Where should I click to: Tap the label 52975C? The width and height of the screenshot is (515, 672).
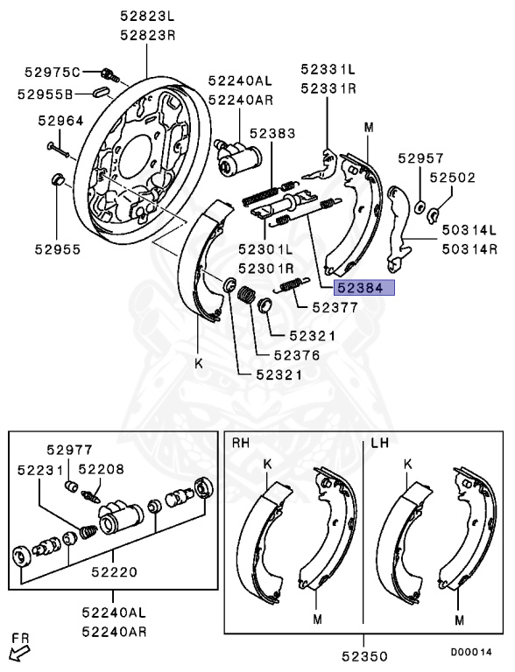[53, 72]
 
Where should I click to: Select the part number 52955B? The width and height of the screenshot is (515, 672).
[45, 94]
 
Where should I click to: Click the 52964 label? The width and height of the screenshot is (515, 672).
[60, 121]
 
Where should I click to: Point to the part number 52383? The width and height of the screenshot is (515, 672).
[272, 133]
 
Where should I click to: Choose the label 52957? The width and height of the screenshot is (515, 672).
[420, 158]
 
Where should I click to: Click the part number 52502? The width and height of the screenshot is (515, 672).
[453, 178]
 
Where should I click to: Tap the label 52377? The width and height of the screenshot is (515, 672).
[335, 307]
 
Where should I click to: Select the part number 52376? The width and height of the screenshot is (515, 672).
[297, 355]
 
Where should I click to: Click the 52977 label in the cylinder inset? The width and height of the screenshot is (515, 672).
[69, 450]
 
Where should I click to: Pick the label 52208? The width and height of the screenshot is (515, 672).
[102, 469]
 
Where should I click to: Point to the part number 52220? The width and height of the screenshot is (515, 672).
[114, 571]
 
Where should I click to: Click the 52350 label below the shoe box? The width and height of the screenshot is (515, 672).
[364, 656]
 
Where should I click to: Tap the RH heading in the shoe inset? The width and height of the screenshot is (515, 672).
[241, 443]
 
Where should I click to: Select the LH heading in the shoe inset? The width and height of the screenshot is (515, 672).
[380, 443]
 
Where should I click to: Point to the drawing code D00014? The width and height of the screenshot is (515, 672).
[471, 652]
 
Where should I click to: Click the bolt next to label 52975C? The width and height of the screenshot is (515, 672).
[109, 74]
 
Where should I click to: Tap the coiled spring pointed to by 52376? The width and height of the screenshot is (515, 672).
[247, 295]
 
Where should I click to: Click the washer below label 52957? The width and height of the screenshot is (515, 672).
[420, 207]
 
